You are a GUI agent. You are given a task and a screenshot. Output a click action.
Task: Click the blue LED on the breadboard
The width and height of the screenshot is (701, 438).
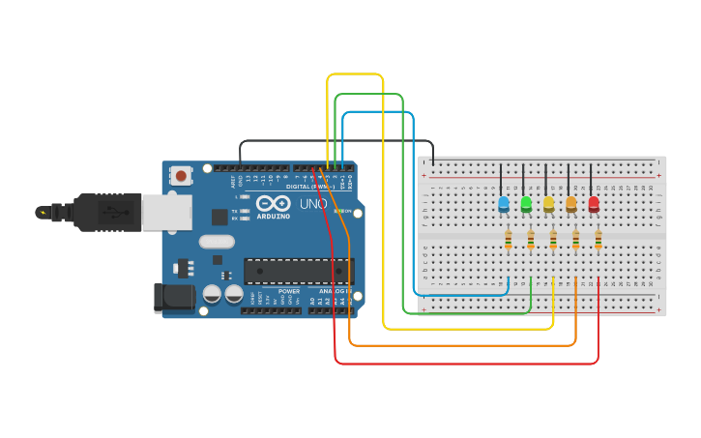(503, 203)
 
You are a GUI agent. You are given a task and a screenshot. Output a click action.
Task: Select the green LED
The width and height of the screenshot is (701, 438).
(526, 203)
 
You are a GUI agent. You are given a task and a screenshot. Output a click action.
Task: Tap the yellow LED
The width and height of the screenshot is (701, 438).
(548, 203)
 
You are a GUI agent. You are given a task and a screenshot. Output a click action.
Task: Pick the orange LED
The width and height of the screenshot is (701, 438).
(571, 203)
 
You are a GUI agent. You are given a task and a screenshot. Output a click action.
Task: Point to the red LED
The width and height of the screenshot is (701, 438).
(594, 203)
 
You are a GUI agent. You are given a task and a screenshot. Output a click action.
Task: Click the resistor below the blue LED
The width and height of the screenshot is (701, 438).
(508, 239)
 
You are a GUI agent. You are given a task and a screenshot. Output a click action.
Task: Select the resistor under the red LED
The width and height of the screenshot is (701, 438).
(599, 239)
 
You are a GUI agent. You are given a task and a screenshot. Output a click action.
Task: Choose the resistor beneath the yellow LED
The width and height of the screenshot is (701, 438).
(553, 239)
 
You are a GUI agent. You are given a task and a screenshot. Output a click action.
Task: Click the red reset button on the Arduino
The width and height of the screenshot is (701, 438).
(180, 176)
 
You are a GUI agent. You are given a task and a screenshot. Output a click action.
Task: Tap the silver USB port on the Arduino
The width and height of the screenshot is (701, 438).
(166, 213)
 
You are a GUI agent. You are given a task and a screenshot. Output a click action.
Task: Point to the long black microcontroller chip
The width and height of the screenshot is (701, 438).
(299, 272)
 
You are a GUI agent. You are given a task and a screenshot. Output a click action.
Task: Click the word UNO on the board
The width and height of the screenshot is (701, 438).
(313, 204)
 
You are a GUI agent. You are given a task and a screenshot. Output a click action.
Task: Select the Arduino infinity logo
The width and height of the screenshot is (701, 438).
(274, 204)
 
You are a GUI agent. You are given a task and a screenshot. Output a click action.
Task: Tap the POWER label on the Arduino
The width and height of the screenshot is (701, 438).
(289, 291)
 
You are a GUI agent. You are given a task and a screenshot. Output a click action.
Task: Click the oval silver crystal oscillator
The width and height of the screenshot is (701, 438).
(217, 242)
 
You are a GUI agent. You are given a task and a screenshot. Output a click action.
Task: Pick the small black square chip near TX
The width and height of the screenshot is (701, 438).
(219, 217)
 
